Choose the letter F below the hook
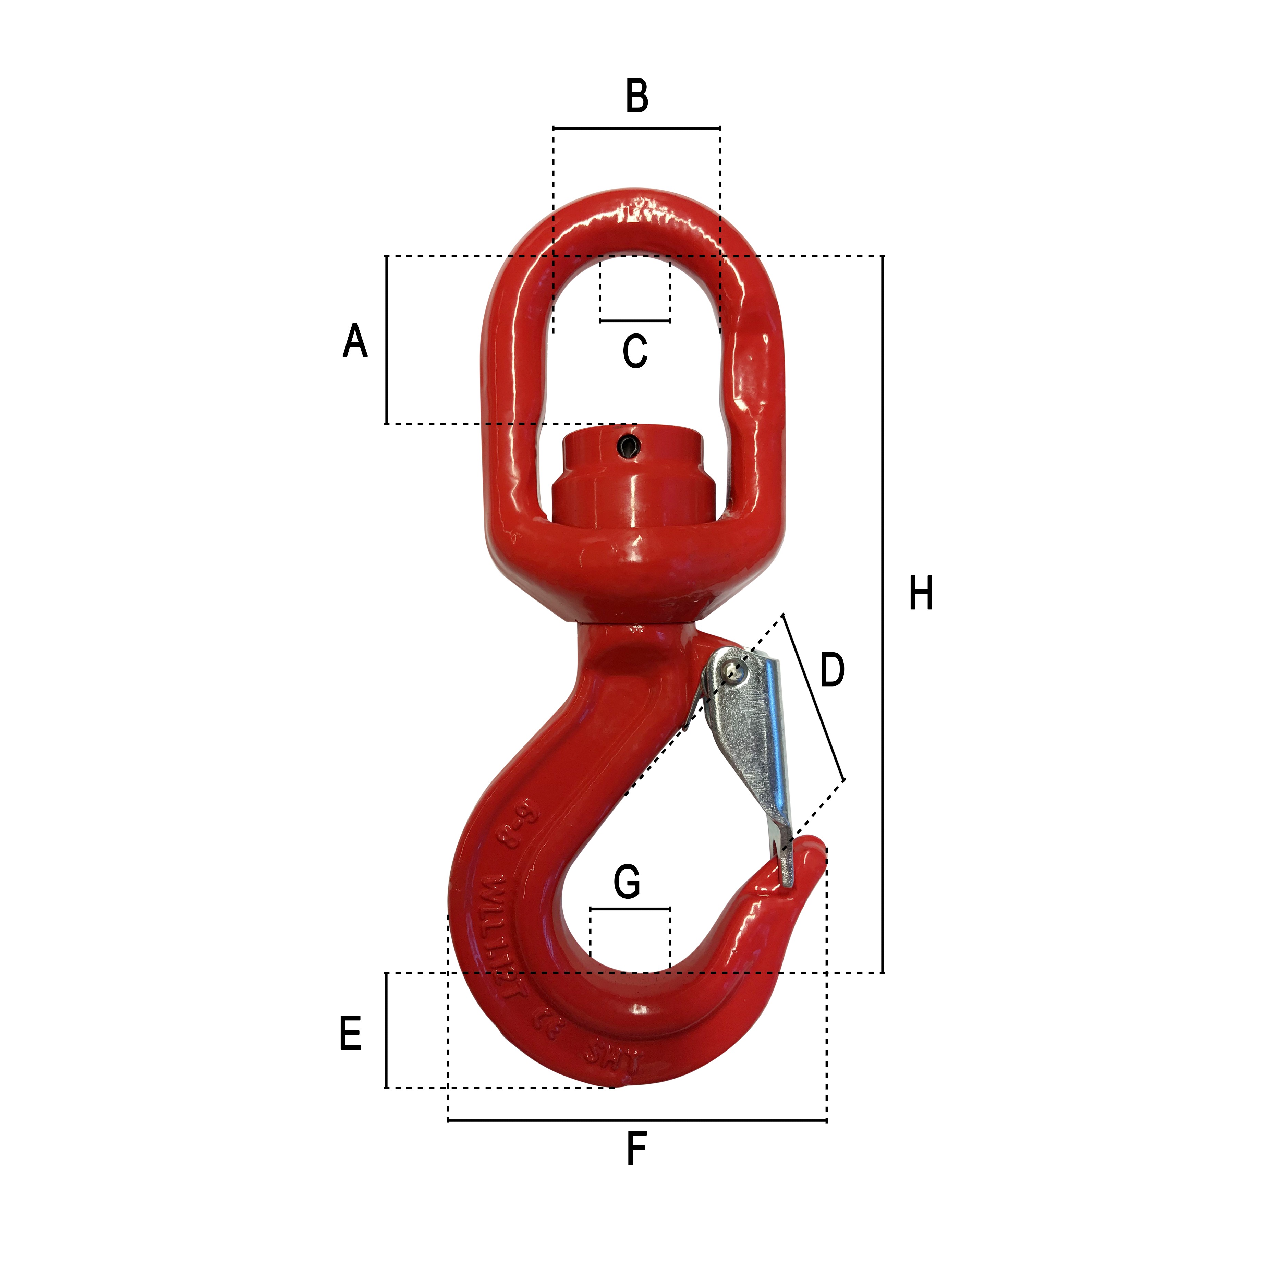point(636,1149)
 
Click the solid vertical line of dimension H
point(883,614)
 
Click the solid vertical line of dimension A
point(386,340)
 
